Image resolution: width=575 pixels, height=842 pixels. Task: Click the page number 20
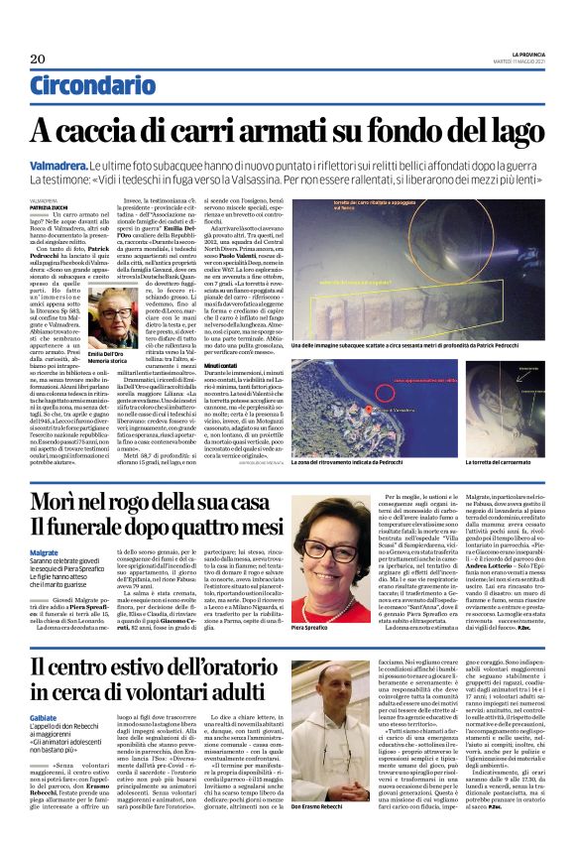point(39,59)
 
